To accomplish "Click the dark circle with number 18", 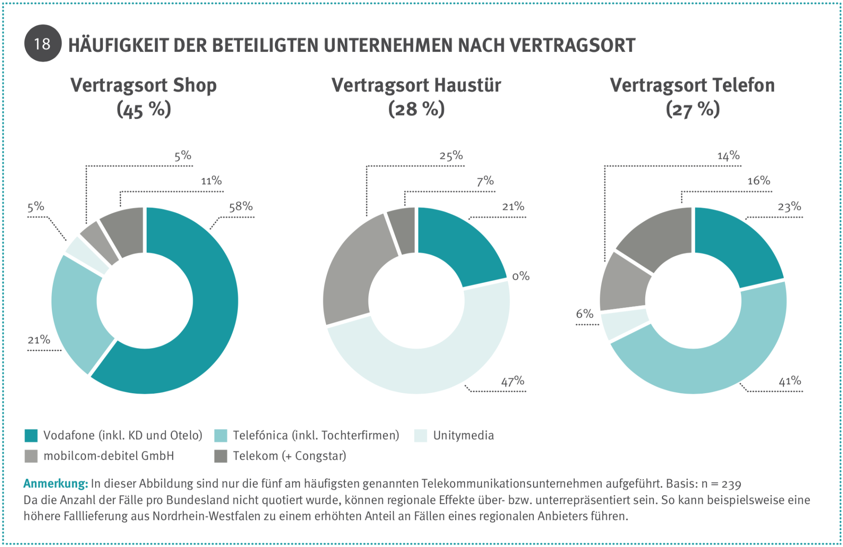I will [43, 44].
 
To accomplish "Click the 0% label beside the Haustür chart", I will [521, 276].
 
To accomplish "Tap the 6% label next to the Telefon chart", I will [585, 314].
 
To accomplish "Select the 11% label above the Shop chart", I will [211, 181].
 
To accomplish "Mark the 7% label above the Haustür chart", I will [485, 181].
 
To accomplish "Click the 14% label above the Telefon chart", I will [728, 156].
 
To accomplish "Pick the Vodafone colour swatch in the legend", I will [31, 436].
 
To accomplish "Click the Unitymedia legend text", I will [463, 435].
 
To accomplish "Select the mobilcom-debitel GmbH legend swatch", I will [31, 456].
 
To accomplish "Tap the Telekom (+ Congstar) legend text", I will [289, 456].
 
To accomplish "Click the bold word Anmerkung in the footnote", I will [55, 483].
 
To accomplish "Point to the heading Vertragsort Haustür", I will [416, 86].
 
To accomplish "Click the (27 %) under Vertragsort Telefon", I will [693, 110].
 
